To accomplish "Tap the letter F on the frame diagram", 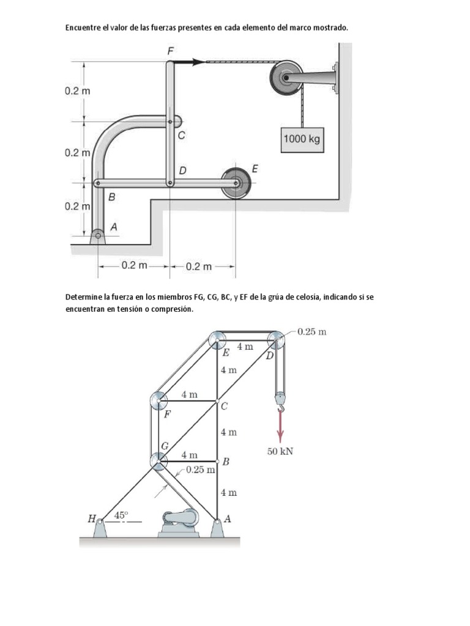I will tap(171, 51).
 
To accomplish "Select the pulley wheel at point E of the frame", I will tap(236, 182).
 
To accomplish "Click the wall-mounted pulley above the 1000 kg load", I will tap(285, 78).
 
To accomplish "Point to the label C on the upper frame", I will tap(181, 137).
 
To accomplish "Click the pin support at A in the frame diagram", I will tap(97, 236).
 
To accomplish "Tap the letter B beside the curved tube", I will tap(112, 197).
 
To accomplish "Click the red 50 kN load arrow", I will tap(280, 425).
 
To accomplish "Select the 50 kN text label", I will tap(281, 452).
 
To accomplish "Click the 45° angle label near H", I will tap(121, 515).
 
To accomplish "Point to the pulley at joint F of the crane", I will tap(159, 401).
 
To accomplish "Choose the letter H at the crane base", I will tap(91, 519).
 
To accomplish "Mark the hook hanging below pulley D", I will tap(280, 400).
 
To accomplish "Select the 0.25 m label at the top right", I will tap(311, 332).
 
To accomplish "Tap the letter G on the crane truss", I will tap(165, 446).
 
